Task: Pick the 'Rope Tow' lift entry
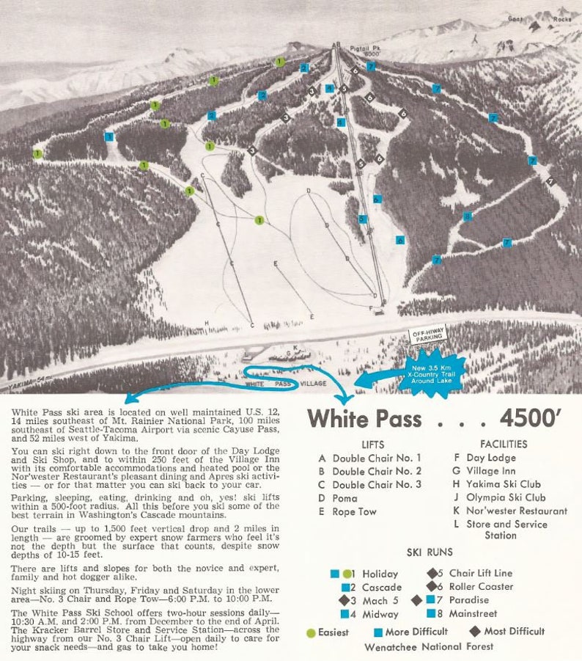click(x=355, y=511)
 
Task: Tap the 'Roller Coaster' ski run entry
click(x=481, y=586)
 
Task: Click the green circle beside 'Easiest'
click(x=311, y=632)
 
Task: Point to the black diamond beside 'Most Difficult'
click(x=475, y=631)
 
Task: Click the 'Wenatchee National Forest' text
click(x=429, y=647)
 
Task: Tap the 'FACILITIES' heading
click(x=503, y=444)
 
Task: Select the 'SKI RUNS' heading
click(x=430, y=552)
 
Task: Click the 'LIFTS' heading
click(x=372, y=444)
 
